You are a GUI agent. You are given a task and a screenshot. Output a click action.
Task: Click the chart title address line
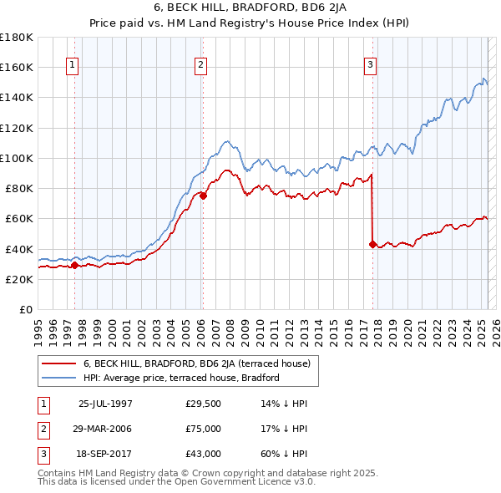(250, 7)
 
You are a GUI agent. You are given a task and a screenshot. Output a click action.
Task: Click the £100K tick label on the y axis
(17, 158)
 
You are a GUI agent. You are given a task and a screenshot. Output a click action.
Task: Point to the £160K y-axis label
(17, 67)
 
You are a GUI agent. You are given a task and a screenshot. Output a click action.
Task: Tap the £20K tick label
(19, 280)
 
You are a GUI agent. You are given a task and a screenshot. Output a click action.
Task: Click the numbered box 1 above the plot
(73, 67)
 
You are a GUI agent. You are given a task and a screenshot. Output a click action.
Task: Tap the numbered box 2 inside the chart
(202, 67)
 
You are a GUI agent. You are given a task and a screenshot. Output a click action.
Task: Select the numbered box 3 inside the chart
(370, 67)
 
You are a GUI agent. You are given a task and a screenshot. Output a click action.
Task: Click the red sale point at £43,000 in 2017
(372, 244)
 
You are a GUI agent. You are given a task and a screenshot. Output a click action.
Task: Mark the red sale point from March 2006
(203, 196)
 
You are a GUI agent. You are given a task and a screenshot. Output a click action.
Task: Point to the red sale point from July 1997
(74, 265)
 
